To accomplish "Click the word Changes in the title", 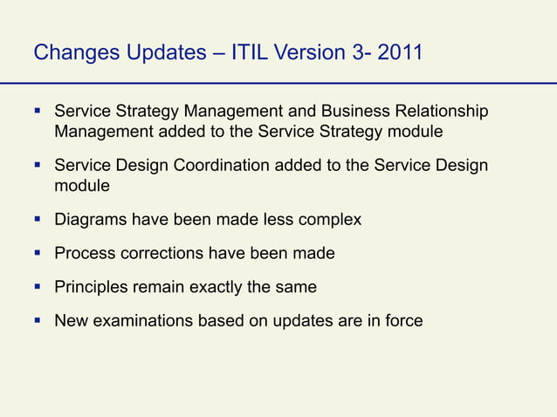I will click(72, 53).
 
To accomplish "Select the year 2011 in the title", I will click(401, 53).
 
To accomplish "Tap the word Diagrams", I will click(90, 220).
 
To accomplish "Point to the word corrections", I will click(162, 254).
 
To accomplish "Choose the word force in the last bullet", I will click(404, 321).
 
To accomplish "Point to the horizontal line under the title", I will click(278, 83).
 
